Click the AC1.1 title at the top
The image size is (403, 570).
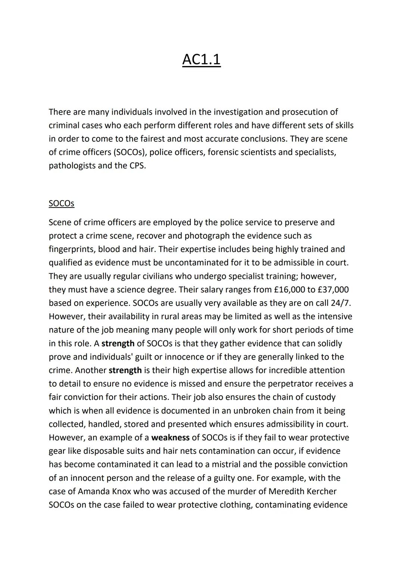[201, 59]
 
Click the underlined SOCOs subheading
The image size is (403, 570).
[61, 203]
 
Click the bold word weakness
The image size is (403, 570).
[170, 437]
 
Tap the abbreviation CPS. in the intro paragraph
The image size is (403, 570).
[138, 166]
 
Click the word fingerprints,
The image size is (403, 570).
[72, 249]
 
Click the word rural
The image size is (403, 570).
[170, 317]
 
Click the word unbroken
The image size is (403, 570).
[251, 411]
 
